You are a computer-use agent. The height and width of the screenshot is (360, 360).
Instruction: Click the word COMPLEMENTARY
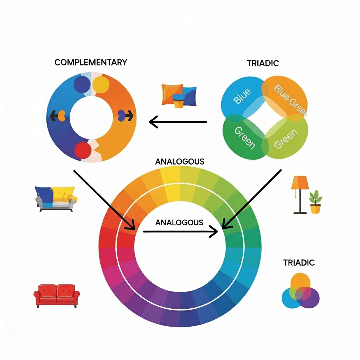coord(91,63)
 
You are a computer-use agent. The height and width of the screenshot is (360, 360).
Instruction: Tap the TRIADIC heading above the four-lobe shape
coord(263,63)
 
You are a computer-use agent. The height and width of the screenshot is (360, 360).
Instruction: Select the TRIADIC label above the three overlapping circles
coord(299,263)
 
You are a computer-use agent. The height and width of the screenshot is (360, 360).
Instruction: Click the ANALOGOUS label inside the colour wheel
coord(179,223)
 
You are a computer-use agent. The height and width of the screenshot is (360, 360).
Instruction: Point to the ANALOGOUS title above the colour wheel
coord(180,162)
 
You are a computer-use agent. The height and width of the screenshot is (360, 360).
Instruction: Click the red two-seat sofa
coord(57,296)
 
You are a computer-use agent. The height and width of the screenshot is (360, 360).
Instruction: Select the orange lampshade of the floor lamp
coord(300,183)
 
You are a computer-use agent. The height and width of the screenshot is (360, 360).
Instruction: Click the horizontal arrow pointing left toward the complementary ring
coord(178,122)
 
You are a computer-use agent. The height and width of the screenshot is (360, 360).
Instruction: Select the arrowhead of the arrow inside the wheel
coord(214,231)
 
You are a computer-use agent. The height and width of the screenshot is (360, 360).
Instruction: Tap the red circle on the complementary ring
coord(83,149)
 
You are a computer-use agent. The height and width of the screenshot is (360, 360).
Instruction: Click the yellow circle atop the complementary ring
coord(101,84)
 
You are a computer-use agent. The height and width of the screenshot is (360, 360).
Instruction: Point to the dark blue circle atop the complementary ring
coord(82,84)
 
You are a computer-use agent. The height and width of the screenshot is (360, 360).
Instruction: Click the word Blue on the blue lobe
coord(243,96)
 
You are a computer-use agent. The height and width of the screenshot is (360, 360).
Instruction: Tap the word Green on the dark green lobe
coord(245,137)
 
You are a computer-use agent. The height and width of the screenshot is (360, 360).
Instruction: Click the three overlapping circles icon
coord(301,291)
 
